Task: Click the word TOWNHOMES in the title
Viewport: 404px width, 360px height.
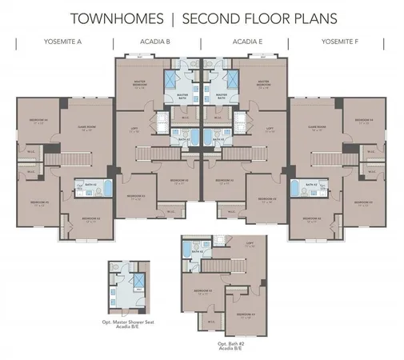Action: click(121, 18)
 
